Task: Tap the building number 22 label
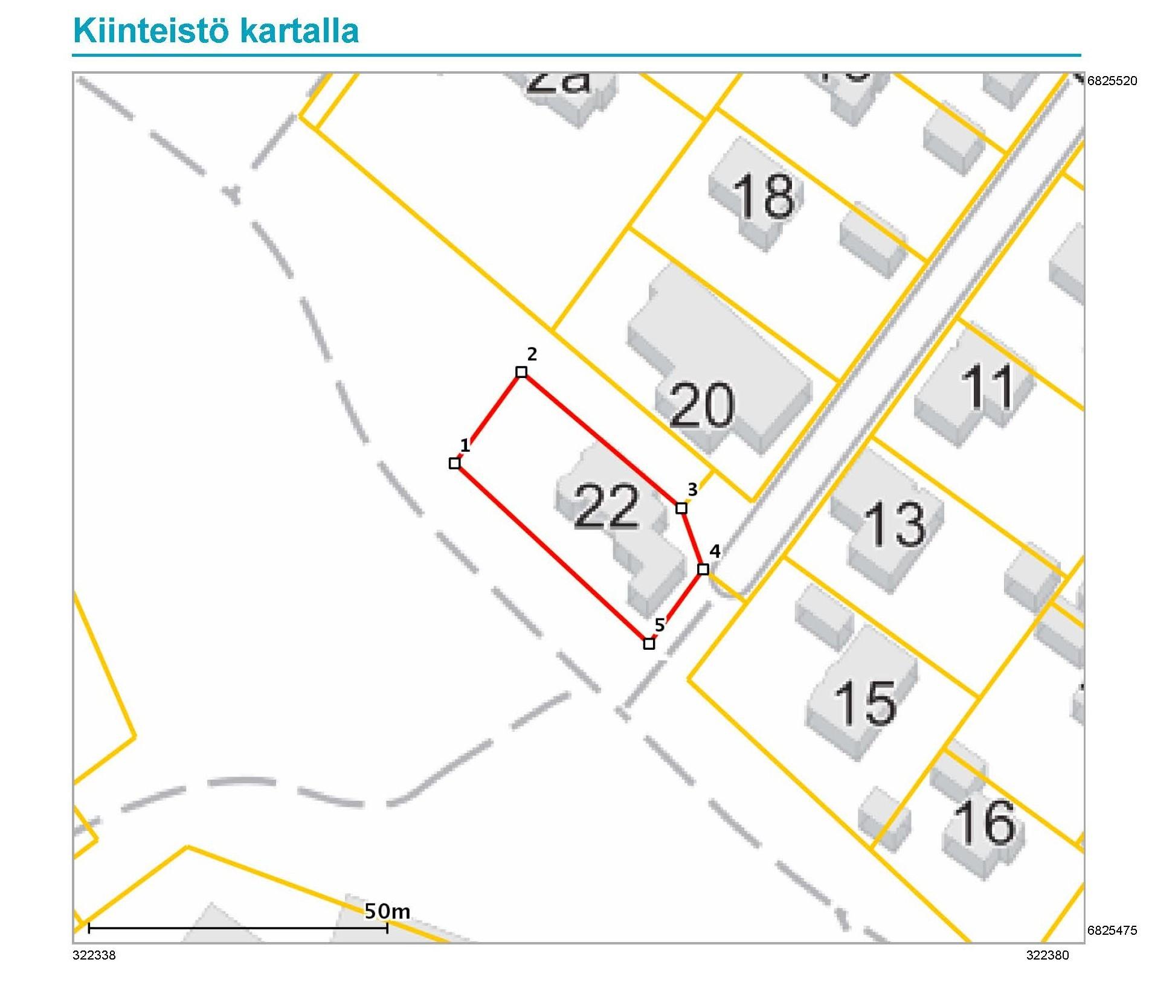pos(606,506)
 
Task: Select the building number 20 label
pos(702,405)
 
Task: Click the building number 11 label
pos(986,386)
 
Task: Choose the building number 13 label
pos(895,524)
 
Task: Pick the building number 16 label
pos(984,822)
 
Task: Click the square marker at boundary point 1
pos(455,463)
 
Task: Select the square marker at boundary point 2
pos(521,372)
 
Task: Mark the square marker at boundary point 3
pos(681,508)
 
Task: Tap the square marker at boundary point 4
pos(703,569)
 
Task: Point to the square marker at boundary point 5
pos(649,644)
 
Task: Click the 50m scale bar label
pos(387,911)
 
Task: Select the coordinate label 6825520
pos(1112,81)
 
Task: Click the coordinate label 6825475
pos(1112,931)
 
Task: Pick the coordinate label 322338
pos(94,955)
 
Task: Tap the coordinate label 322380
pos(1048,955)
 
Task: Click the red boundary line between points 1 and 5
pos(552,553)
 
